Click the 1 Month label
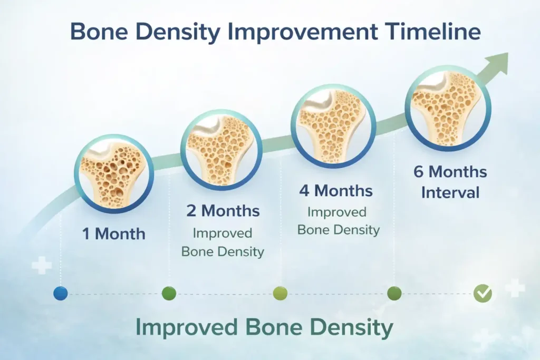click(x=113, y=233)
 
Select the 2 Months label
click(x=223, y=211)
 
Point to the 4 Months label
click(x=336, y=190)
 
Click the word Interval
click(x=450, y=192)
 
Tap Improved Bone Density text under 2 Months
click(x=223, y=242)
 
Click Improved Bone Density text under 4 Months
click(x=337, y=221)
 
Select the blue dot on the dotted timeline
click(x=61, y=294)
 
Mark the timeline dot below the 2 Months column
click(x=169, y=293)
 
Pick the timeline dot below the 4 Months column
click(x=281, y=294)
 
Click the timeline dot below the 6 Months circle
click(x=394, y=294)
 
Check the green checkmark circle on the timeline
click(x=482, y=294)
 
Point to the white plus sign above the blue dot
click(x=42, y=265)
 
